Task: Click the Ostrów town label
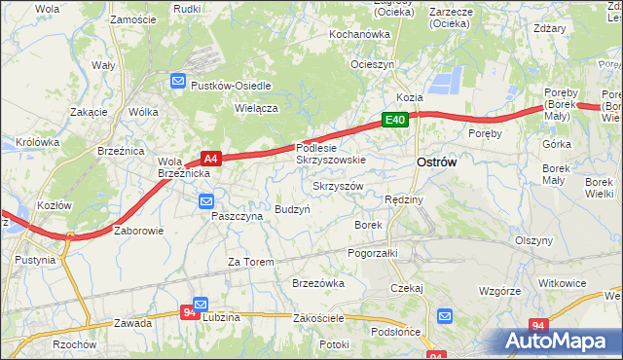(x=436, y=163)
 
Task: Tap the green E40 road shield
(x=393, y=120)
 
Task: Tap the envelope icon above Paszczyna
(x=206, y=201)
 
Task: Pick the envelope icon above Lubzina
(x=201, y=304)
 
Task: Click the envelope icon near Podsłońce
(x=445, y=316)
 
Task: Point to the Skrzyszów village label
(x=338, y=186)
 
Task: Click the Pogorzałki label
(x=373, y=252)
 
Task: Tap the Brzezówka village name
(x=318, y=283)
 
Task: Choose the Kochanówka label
(x=359, y=34)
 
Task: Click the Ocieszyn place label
(x=373, y=64)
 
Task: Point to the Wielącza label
(x=257, y=108)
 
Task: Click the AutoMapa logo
(x=561, y=341)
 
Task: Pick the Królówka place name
(x=38, y=141)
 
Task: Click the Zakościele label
(x=320, y=318)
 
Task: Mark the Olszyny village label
(x=534, y=240)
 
